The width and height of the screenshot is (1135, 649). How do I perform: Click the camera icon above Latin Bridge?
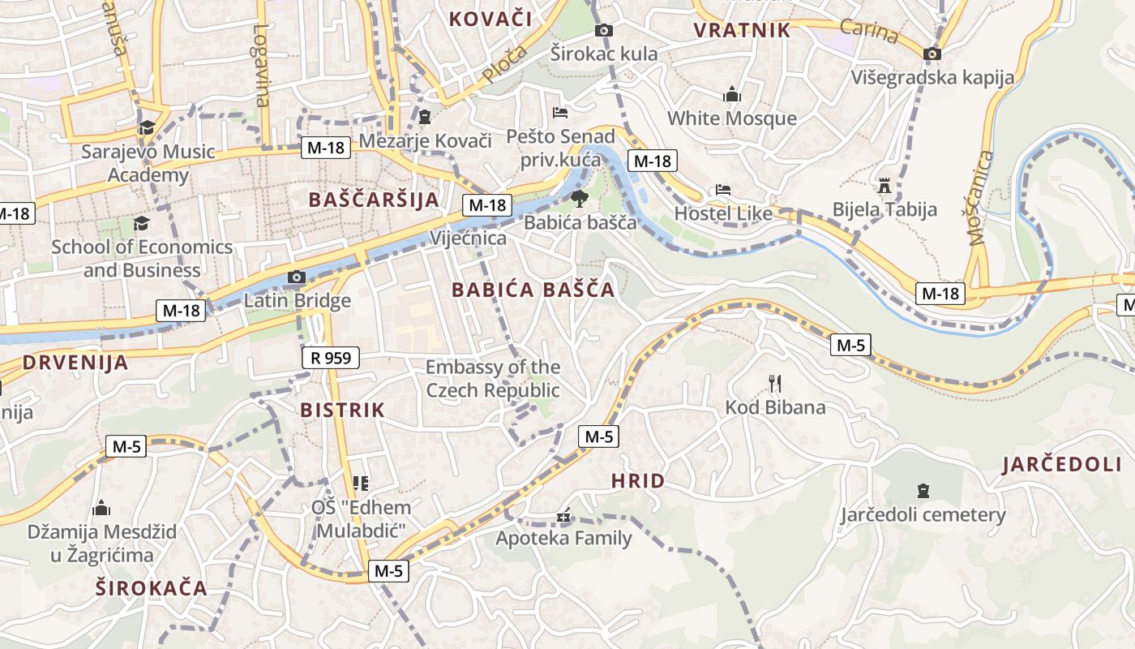point(296,277)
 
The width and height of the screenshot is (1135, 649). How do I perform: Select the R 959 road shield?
point(330,357)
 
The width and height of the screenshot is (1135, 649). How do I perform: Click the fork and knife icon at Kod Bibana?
point(774,384)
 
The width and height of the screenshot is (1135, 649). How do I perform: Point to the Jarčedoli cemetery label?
point(923,515)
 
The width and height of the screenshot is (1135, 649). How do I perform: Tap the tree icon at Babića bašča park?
point(579,199)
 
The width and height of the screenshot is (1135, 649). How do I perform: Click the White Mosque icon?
point(732,94)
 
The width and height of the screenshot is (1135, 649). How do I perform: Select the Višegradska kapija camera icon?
point(932,54)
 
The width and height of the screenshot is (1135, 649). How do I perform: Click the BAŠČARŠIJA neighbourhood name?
point(374,200)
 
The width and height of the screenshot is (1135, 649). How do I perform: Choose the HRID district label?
point(638,481)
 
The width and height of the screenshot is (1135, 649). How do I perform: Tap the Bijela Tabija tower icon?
point(884,187)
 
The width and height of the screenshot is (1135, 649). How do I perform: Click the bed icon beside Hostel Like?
point(723,191)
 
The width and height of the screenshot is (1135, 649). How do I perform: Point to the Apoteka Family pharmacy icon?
point(563,516)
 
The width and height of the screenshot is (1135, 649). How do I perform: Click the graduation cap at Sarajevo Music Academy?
point(147,128)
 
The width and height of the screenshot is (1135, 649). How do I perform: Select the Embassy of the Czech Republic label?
point(493,379)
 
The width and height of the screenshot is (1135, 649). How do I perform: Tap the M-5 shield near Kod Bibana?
point(850,346)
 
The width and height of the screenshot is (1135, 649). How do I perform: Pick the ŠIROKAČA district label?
point(152,588)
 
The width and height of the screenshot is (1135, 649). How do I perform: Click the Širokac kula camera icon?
point(603,31)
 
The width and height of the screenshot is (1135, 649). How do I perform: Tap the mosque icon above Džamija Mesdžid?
point(101,509)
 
